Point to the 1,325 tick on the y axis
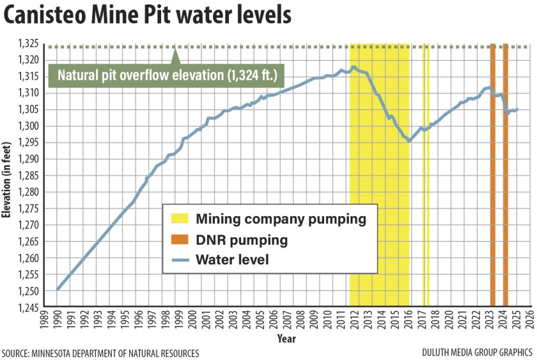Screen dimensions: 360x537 coord(29,43)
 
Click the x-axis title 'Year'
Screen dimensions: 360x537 coord(286,338)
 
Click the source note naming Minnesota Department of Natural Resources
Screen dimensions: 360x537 coord(100,353)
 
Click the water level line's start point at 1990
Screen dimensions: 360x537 coord(58,288)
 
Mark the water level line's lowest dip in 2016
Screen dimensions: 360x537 coord(409,141)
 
